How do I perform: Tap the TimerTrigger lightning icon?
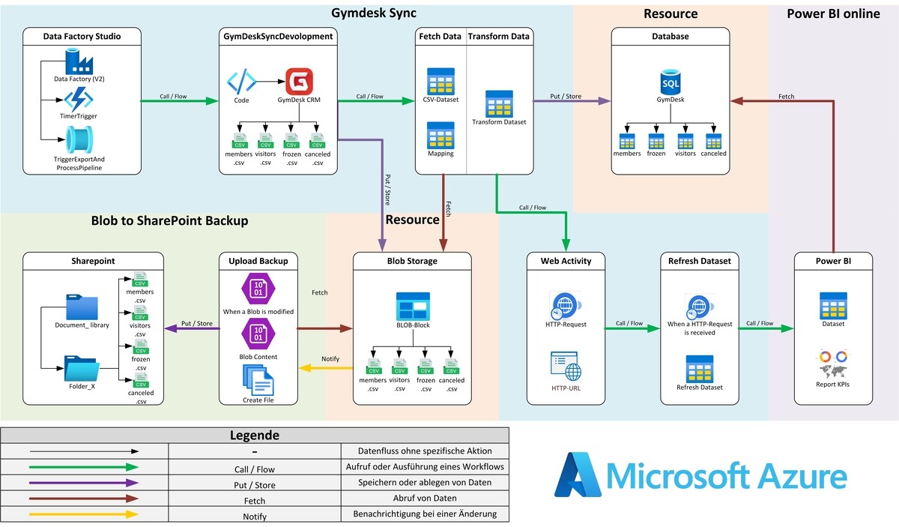[x=78, y=99]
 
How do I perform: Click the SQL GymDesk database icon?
[x=671, y=82]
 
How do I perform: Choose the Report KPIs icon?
[x=832, y=365]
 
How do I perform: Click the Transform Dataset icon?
[x=499, y=103]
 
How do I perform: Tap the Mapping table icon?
[x=441, y=135]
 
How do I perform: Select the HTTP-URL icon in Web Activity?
[x=566, y=367]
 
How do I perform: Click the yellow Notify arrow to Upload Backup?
[x=326, y=367]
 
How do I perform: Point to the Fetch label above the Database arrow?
[x=786, y=97]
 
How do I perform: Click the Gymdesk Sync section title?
[x=374, y=13]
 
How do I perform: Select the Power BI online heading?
[x=833, y=13]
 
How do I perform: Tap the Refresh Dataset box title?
[x=700, y=261]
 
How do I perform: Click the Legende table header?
[x=255, y=435]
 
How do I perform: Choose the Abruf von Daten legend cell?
[x=424, y=499]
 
